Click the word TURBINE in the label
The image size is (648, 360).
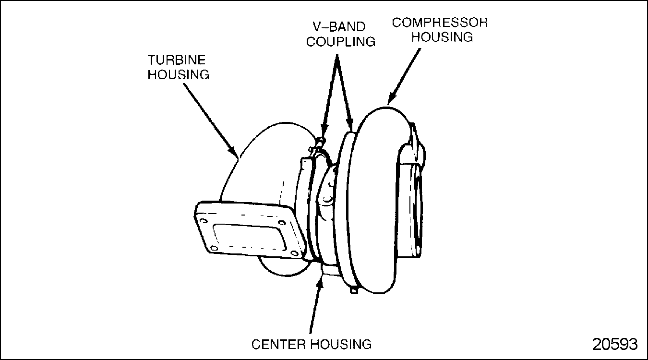tap(176, 60)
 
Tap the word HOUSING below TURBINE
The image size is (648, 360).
tap(178, 75)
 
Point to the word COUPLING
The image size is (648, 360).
tap(341, 41)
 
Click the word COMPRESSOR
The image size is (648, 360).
tap(440, 23)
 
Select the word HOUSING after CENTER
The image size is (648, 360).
tap(341, 344)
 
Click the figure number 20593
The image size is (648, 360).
tap(615, 345)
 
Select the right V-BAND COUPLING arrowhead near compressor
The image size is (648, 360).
tap(352, 127)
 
